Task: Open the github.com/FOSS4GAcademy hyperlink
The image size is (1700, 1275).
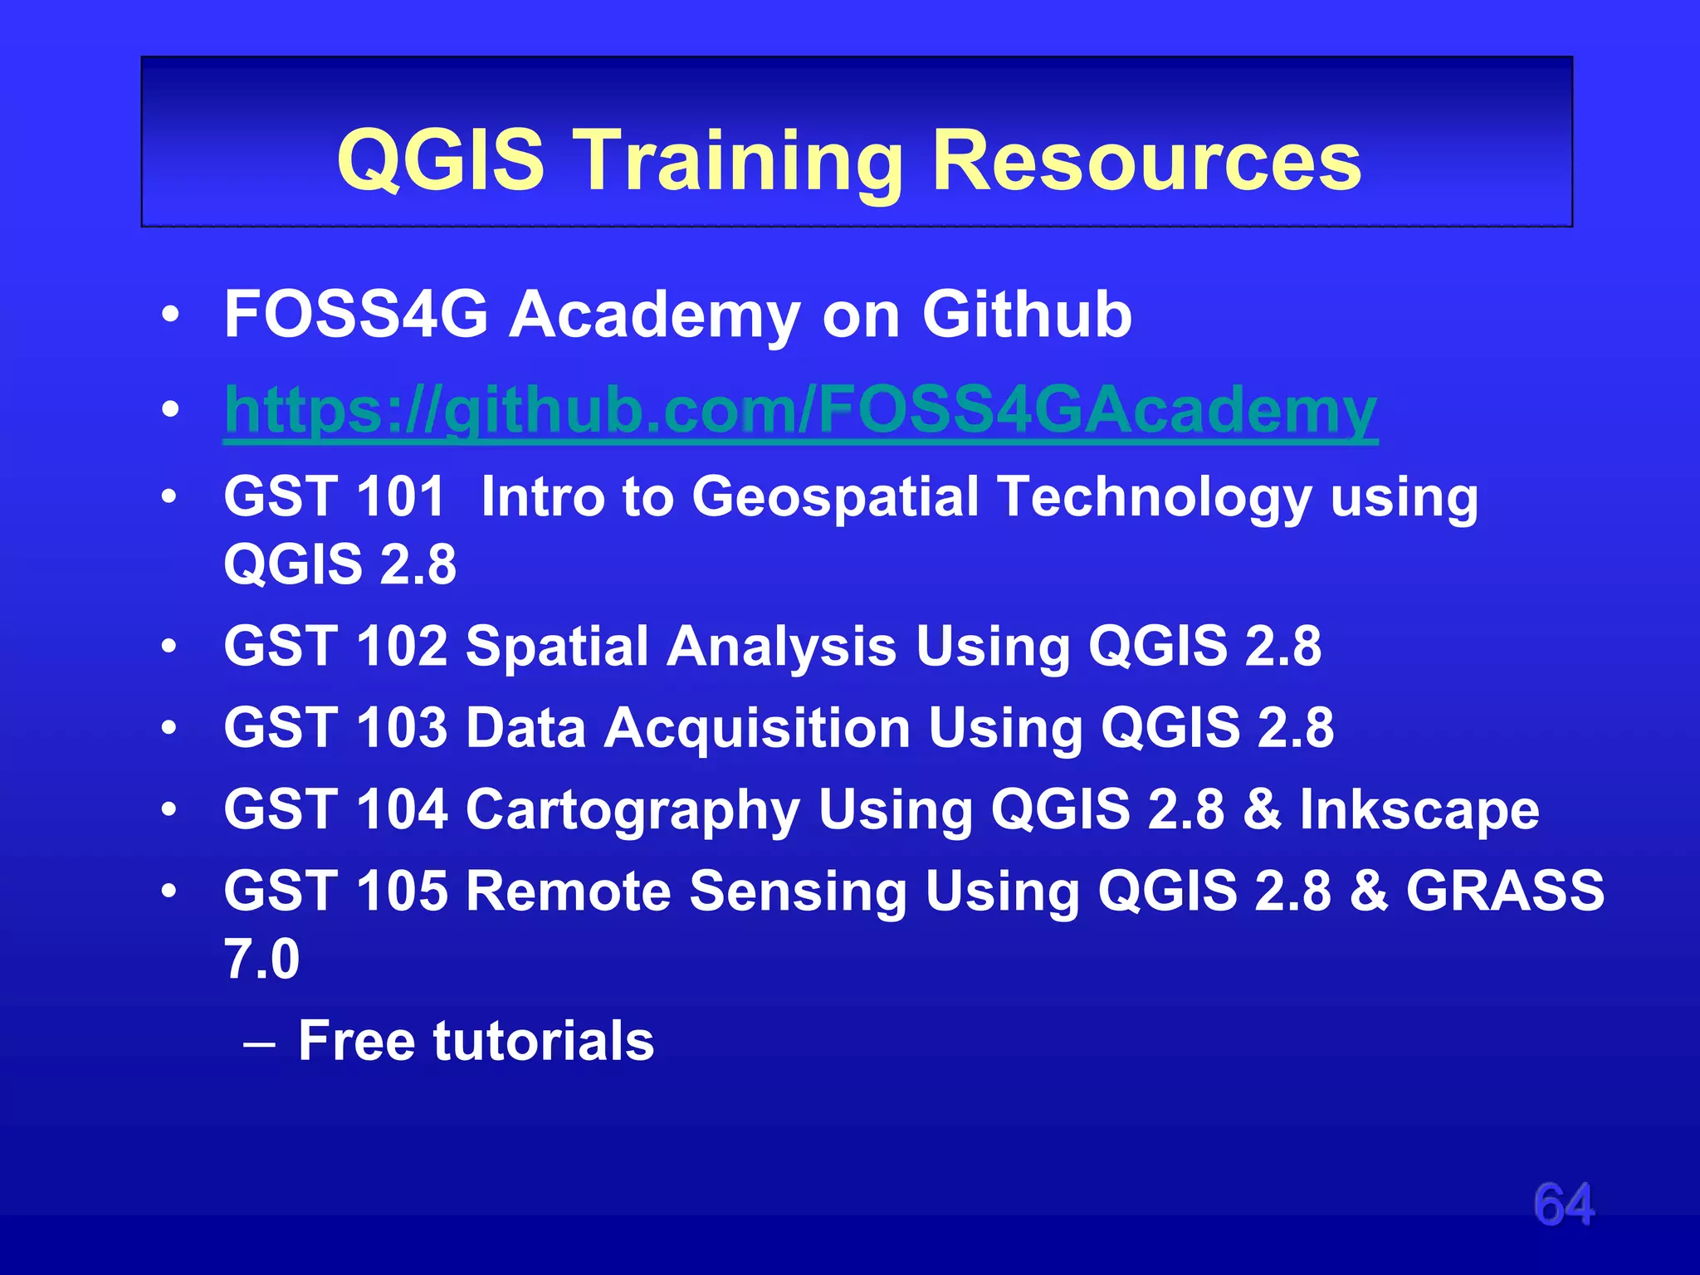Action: coord(800,411)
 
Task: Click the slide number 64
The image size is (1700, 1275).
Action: coord(1564,1204)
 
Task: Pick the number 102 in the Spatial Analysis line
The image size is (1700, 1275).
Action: coord(402,646)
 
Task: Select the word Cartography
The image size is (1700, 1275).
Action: coord(633,810)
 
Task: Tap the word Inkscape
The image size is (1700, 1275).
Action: coord(1419,809)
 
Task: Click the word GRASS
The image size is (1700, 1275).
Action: coord(1505,891)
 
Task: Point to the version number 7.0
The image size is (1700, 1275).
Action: coord(261,959)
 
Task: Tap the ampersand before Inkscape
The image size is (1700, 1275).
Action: coord(1262,809)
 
